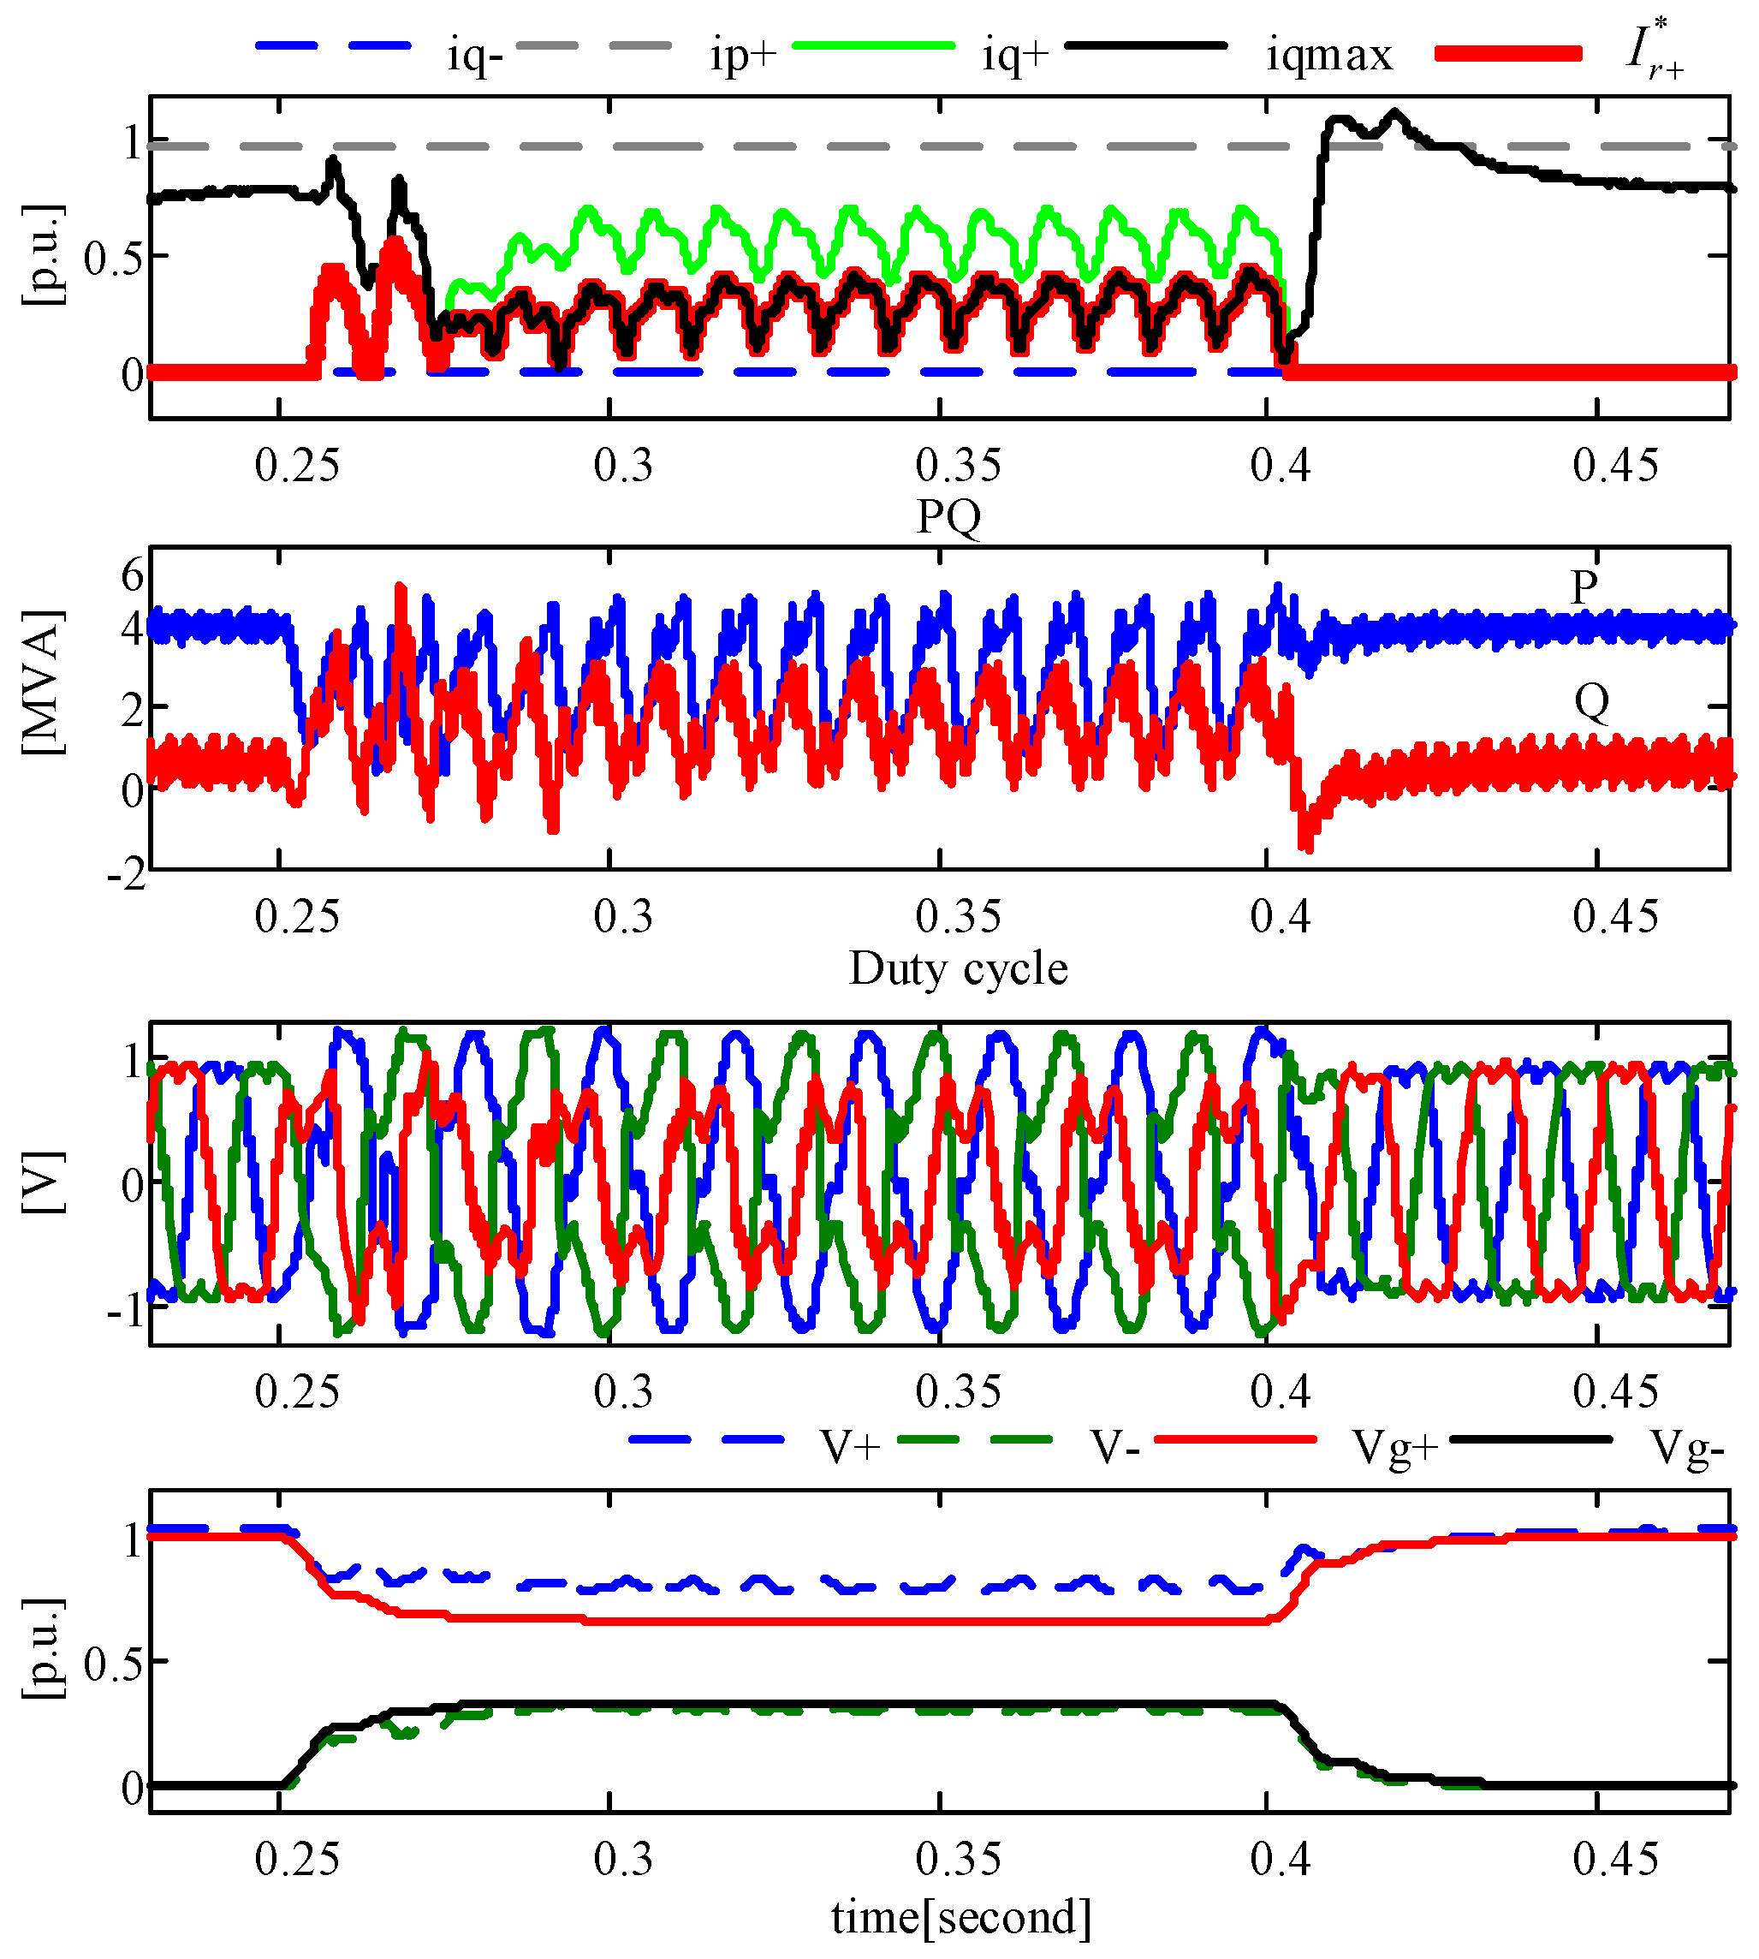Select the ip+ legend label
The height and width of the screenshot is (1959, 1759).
(x=742, y=55)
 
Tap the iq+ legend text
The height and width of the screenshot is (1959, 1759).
(x=1015, y=55)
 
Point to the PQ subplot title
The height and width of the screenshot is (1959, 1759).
(x=948, y=516)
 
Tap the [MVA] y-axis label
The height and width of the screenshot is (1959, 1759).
(x=44, y=682)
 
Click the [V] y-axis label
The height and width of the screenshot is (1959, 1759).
(x=44, y=1182)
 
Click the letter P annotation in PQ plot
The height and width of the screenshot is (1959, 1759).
(x=1584, y=587)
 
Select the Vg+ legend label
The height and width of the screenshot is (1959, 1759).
(x=1395, y=1449)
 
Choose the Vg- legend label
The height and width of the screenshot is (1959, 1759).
(x=1686, y=1449)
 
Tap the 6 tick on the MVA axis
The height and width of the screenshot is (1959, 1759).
(x=133, y=576)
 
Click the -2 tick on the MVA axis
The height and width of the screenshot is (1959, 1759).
(x=127, y=876)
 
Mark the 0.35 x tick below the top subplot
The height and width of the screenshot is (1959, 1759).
(x=958, y=466)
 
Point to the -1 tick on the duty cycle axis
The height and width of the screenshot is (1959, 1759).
(x=125, y=1312)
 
